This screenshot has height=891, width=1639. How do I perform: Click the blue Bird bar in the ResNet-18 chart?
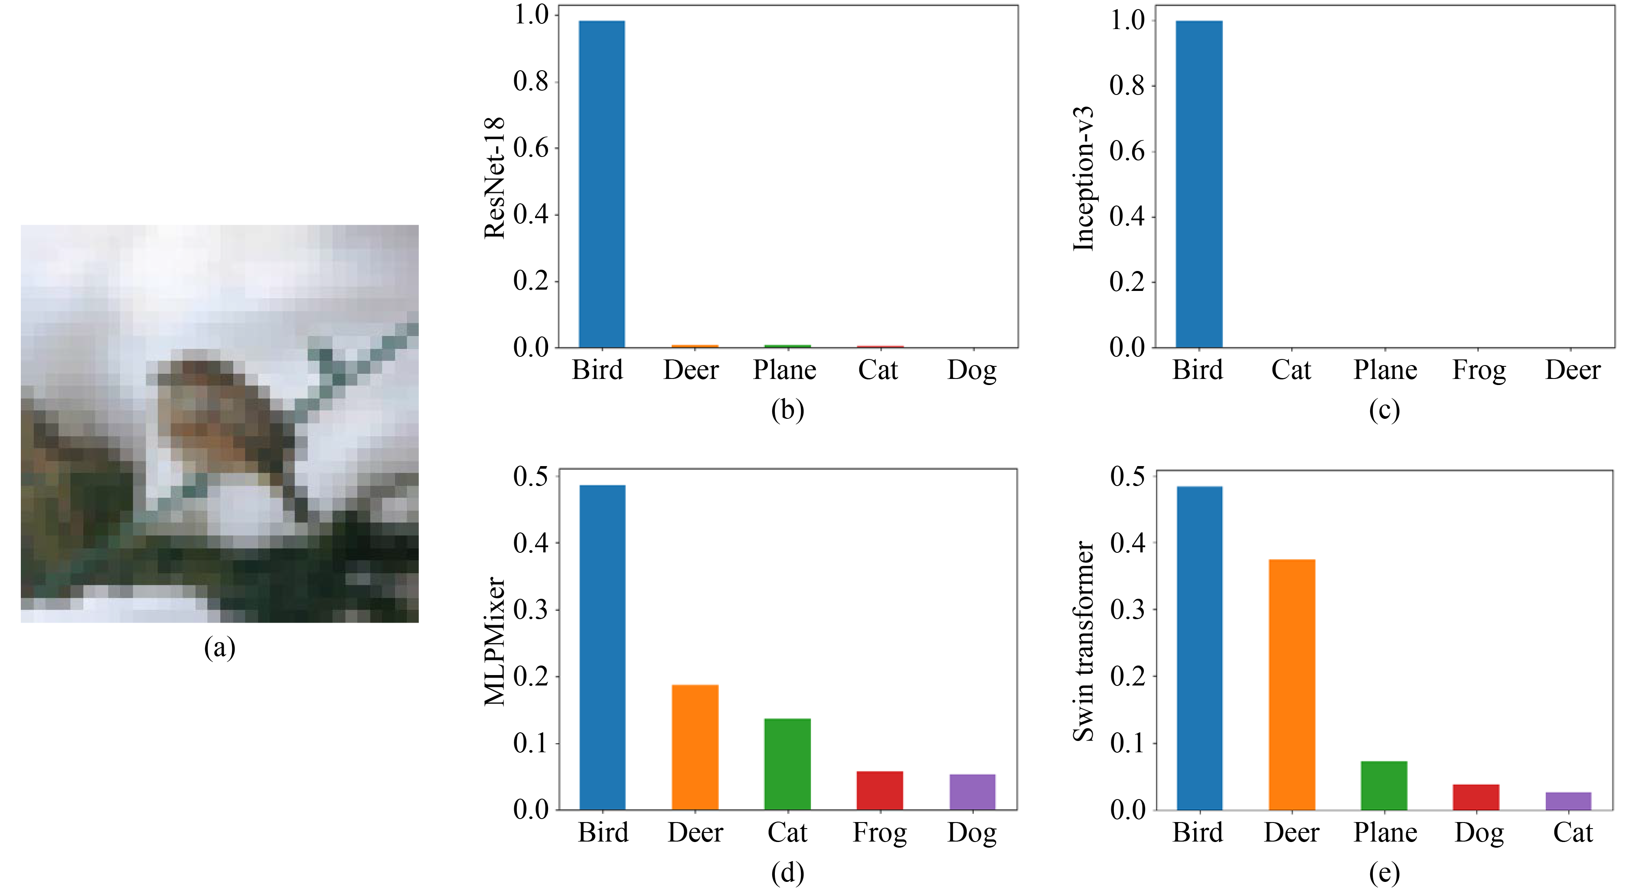(x=601, y=185)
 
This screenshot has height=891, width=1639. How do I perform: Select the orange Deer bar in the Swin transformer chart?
(x=1292, y=684)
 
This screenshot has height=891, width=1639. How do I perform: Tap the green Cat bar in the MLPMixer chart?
(x=787, y=764)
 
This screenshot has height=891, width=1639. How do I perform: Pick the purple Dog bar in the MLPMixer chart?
(x=972, y=792)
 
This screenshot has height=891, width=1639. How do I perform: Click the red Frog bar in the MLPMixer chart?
(x=879, y=790)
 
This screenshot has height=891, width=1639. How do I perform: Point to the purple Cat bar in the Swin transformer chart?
(x=1568, y=801)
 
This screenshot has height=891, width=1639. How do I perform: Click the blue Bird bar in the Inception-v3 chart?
(x=1199, y=185)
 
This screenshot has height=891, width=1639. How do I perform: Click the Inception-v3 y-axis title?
(x=1084, y=178)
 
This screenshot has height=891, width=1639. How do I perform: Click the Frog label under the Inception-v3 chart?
(x=1479, y=370)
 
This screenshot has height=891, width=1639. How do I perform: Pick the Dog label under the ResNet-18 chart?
(x=972, y=370)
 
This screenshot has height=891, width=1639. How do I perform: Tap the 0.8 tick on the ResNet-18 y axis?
(x=531, y=82)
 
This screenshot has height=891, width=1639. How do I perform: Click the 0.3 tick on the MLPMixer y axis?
(x=531, y=610)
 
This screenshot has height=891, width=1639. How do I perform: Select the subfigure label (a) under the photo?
(x=219, y=648)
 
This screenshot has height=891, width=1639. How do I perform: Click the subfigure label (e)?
(x=1384, y=873)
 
